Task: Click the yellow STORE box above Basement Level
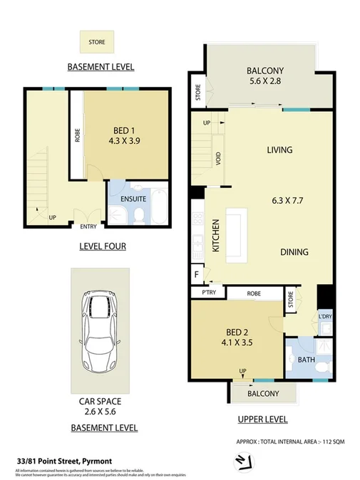click(96, 42)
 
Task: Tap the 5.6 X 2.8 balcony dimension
click(265, 82)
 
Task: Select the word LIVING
click(279, 150)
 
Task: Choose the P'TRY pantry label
click(209, 293)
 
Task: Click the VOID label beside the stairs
click(217, 159)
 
